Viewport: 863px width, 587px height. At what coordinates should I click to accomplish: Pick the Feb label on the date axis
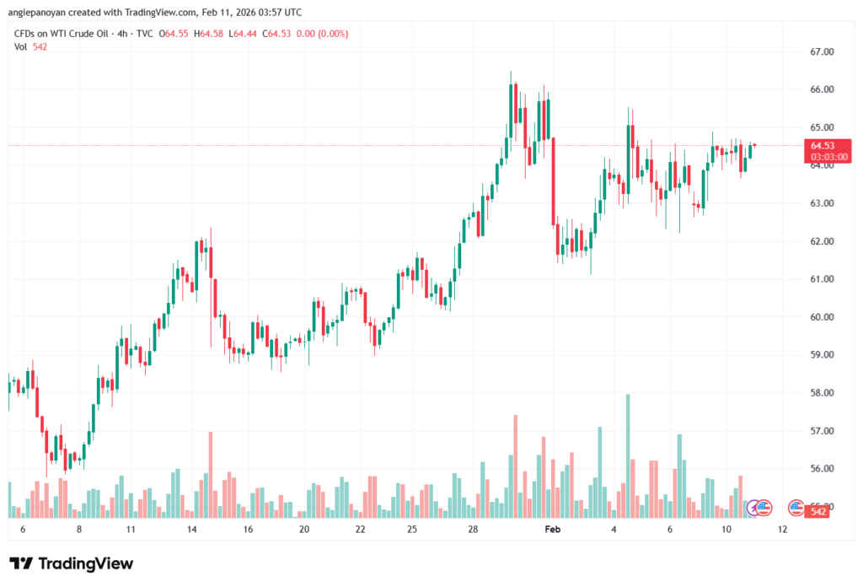pos(552,530)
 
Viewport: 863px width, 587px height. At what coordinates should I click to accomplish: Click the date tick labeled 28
pos(474,530)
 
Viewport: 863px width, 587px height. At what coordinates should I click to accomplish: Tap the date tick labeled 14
pos(192,530)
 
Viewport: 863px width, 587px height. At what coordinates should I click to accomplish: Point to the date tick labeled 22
pos(361,530)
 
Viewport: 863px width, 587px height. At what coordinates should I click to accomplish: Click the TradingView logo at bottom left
pos(72,563)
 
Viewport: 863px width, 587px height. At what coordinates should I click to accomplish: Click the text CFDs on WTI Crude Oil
pos(63,34)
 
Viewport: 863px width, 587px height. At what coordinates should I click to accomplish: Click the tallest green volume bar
pos(628,455)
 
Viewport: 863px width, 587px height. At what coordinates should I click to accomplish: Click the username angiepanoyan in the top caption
pos(40,13)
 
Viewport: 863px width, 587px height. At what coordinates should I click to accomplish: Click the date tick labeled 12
pos(782,530)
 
